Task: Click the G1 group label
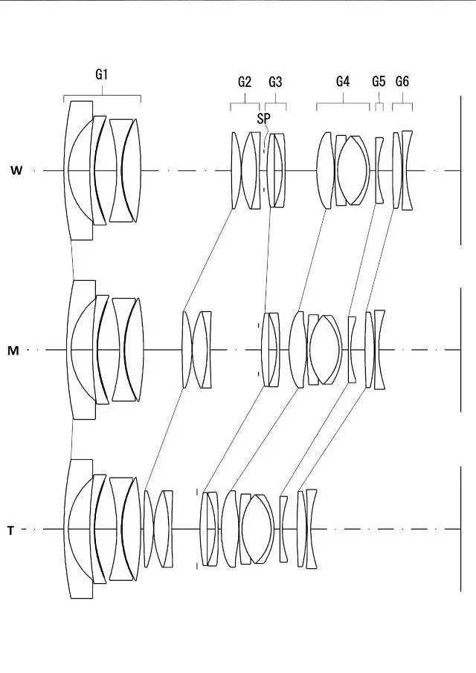102,74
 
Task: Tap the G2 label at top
245,82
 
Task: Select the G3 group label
275,82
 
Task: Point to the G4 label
342,82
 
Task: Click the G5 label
379,82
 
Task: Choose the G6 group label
402,82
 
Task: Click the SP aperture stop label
264,117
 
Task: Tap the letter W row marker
16,171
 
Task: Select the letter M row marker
13,351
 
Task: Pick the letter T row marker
10,530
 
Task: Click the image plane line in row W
461,171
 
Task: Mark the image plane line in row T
461,530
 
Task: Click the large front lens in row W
79,171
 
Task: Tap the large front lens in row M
80,350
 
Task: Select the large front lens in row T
78,529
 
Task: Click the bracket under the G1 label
102,96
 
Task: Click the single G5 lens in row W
379,171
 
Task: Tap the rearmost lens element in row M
380,350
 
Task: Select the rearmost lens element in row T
311,529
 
